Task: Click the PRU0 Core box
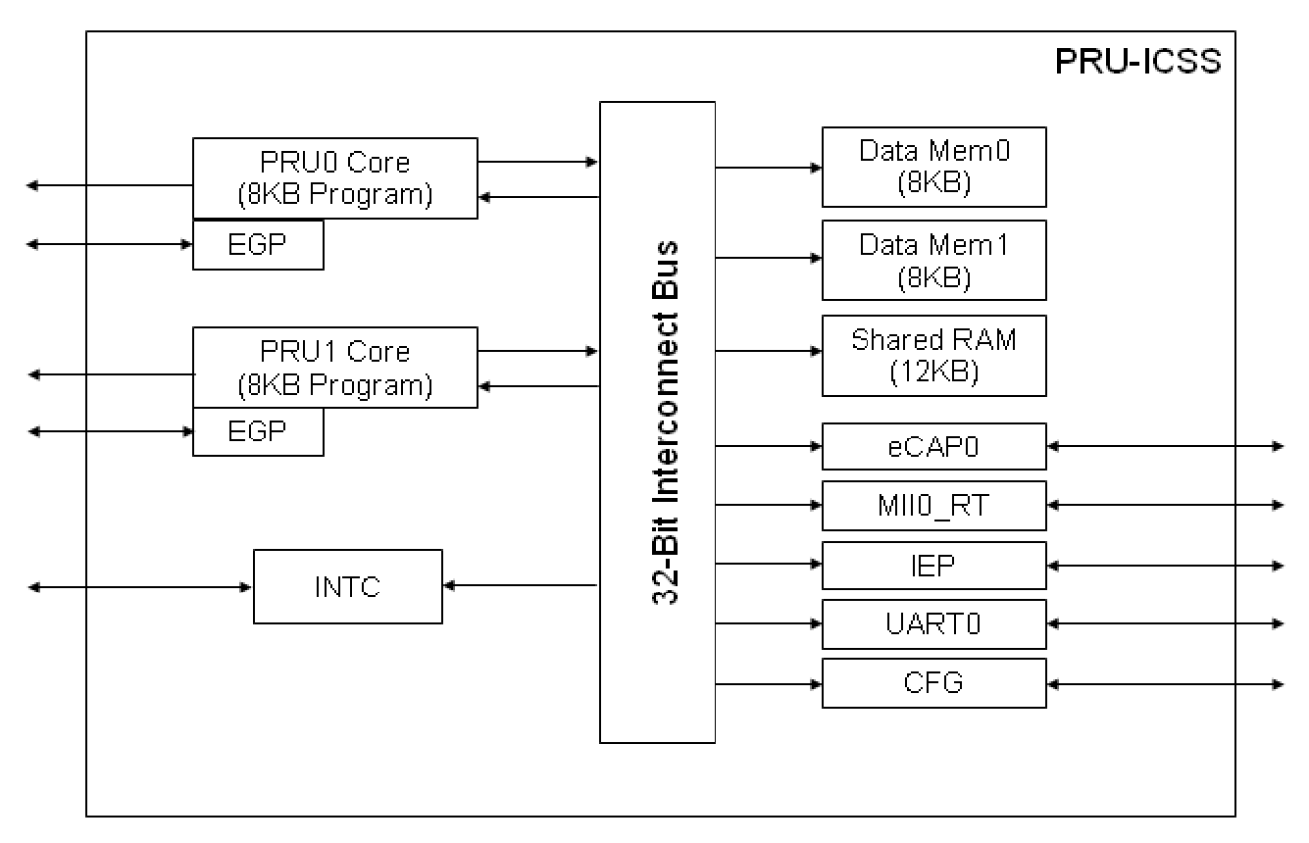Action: tap(334, 177)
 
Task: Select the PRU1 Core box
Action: tap(334, 368)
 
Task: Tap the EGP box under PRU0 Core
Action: tap(258, 244)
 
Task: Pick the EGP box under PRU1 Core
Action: tap(258, 431)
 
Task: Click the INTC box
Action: tap(347, 586)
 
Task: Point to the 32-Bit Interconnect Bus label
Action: tap(666, 421)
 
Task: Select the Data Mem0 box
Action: tap(933, 167)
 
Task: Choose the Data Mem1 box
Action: tap(933, 260)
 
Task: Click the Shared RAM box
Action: tap(933, 355)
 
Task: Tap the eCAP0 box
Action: tap(933, 447)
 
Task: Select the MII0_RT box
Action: tap(933, 506)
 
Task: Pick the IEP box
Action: tap(933, 566)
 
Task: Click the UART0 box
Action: tap(933, 624)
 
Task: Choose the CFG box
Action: tap(933, 683)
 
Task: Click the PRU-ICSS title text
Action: tap(1137, 61)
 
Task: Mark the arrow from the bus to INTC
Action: tap(521, 586)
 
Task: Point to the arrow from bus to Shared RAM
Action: tap(769, 352)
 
